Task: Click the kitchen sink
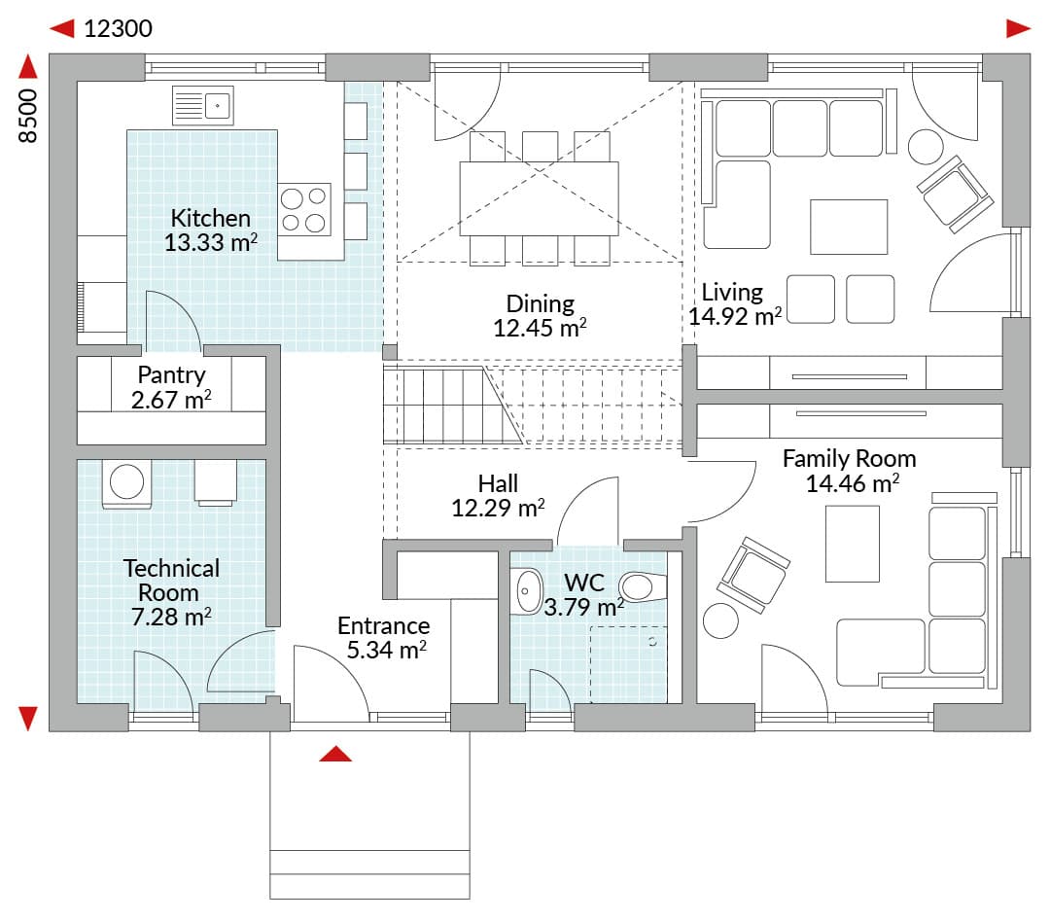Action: click(203, 105)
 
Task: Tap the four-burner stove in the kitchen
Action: click(304, 209)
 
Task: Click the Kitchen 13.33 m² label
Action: click(211, 230)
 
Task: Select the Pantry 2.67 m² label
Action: click(171, 387)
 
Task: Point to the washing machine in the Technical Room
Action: click(126, 483)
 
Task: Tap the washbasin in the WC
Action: click(528, 591)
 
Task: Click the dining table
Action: click(539, 198)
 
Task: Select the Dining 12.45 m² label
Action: click(540, 316)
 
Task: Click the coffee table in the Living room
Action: click(849, 227)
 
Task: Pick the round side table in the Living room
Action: click(927, 146)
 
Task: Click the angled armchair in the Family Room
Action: click(753, 575)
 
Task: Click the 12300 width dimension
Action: click(118, 29)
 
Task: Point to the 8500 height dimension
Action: click(28, 116)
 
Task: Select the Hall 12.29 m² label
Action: click(498, 496)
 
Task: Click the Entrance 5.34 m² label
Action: click(384, 638)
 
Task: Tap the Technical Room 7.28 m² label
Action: click(171, 592)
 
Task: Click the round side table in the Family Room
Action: click(720, 620)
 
